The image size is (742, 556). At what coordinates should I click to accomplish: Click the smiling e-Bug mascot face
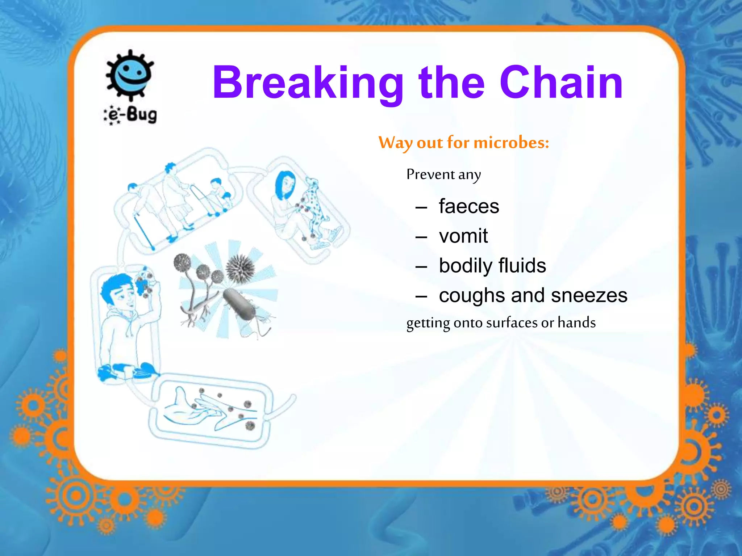(x=130, y=75)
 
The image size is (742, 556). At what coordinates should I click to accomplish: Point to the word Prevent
(x=430, y=174)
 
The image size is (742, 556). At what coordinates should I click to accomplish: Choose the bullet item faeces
(x=469, y=206)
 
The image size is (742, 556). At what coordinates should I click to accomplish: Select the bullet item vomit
(x=463, y=236)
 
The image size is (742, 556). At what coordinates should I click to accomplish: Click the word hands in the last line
(x=576, y=322)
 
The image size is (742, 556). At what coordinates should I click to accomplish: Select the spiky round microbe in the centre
(x=240, y=268)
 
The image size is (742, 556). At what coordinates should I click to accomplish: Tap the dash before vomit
(x=421, y=237)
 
